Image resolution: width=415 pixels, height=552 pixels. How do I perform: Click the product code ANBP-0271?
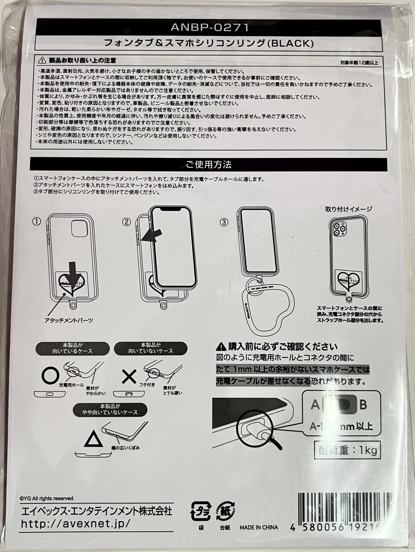pyautogui.click(x=210, y=27)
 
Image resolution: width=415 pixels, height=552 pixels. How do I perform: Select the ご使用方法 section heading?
pyautogui.click(x=208, y=165)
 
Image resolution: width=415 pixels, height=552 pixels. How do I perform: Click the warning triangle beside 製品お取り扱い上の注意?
pyautogui.click(x=42, y=61)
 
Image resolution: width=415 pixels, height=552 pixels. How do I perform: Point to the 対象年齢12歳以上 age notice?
pyautogui.click(x=359, y=63)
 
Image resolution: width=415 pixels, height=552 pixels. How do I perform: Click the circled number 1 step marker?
pyautogui.click(x=37, y=221)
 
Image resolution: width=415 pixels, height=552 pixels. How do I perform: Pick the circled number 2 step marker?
pyautogui.click(x=127, y=222)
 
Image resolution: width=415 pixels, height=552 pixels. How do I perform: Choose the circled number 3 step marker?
pyautogui.click(x=224, y=222)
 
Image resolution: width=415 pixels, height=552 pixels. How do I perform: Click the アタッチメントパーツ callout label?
pyautogui.click(x=69, y=320)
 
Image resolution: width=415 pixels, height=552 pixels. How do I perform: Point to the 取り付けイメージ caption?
pyautogui.click(x=348, y=209)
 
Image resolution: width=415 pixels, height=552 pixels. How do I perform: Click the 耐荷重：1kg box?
pyautogui.click(x=348, y=450)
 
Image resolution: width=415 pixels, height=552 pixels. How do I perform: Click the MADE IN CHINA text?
pyautogui.click(x=259, y=527)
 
